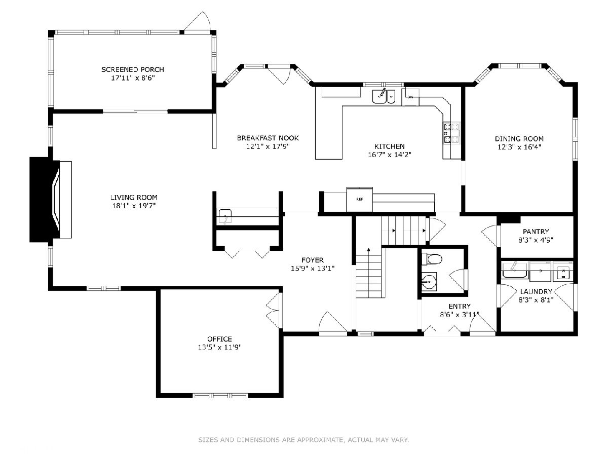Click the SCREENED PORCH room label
tap(132, 69)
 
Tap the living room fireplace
tap(51, 200)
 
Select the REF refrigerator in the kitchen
tap(359, 199)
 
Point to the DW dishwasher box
tap(410, 97)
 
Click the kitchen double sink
tap(384, 96)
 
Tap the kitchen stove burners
tap(451, 133)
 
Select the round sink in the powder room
tap(429, 282)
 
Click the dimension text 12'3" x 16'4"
tap(519, 147)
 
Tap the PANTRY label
tap(536, 232)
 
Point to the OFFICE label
tap(219, 339)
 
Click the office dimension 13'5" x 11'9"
tap(219, 347)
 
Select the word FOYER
tap(313, 260)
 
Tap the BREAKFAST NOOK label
tap(268, 138)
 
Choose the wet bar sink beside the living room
tap(225, 216)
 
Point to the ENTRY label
tap(460, 306)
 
